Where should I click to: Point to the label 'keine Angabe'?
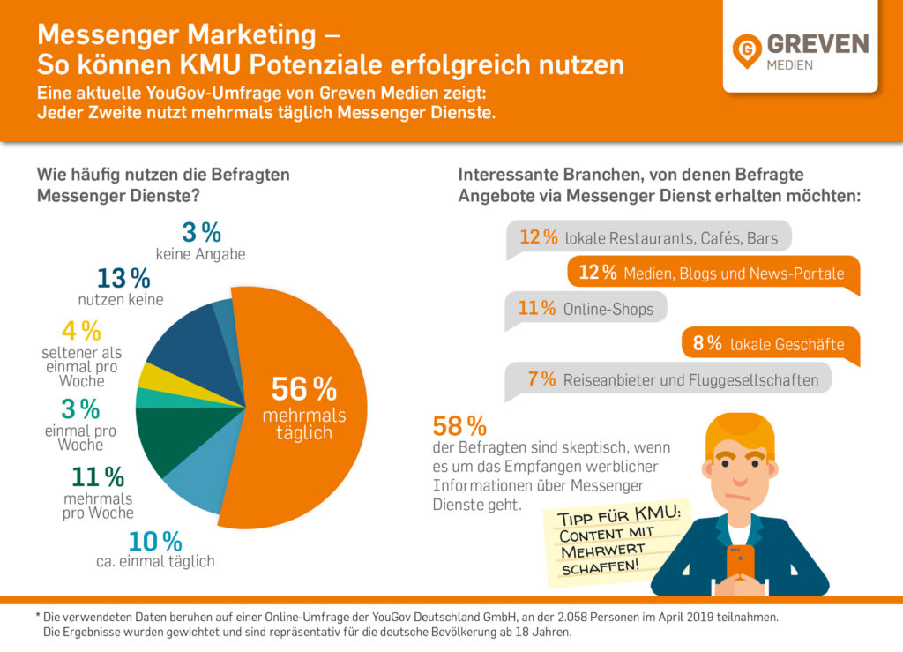[x=200, y=255]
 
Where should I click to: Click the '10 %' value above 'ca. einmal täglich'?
[x=155, y=542]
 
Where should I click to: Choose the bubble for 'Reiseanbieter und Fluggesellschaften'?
[x=668, y=380]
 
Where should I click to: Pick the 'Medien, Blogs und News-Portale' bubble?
[x=713, y=273]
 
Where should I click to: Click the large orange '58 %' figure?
[x=459, y=427]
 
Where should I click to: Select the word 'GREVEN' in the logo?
[x=817, y=44]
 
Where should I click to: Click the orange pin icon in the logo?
[x=748, y=50]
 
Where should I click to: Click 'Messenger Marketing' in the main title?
[x=175, y=34]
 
